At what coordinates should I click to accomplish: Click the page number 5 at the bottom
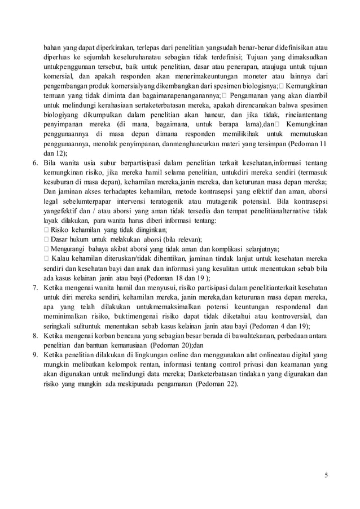326,475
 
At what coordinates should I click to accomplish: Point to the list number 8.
33,337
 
